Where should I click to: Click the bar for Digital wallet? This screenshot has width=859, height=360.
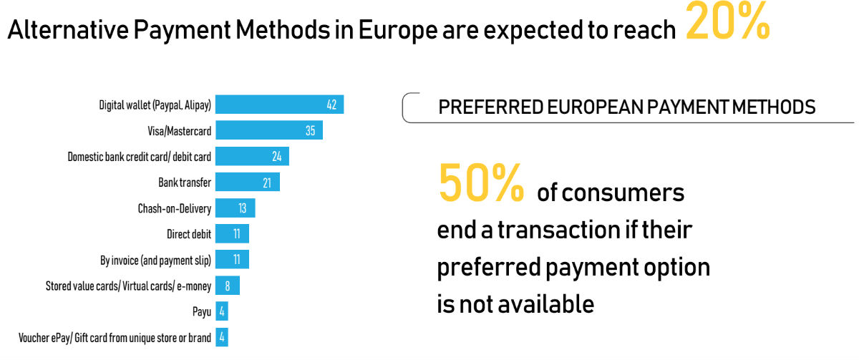[279, 104]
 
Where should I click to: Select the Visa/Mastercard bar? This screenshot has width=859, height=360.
[268, 130]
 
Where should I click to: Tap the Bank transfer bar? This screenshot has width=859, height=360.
[247, 182]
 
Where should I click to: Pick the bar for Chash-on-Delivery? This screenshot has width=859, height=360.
[235, 208]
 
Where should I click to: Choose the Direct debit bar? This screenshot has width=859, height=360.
[232, 234]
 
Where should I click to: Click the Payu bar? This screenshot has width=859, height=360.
[221, 311]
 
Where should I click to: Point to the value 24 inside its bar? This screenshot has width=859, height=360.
[276, 157]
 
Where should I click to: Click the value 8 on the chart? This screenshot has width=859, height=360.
[227, 286]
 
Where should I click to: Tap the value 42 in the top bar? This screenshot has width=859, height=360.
[331, 105]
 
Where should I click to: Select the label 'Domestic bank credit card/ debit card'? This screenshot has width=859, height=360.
[139, 157]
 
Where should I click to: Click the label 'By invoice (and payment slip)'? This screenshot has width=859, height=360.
[155, 260]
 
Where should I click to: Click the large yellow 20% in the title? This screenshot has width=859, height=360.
[727, 24]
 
